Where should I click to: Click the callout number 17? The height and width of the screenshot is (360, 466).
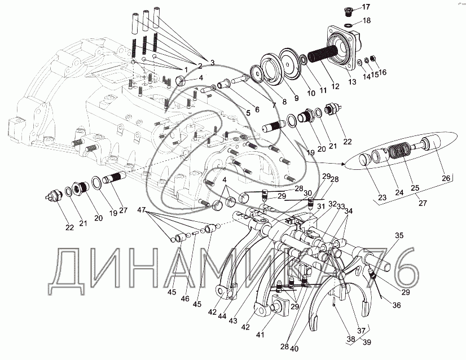point(366,7)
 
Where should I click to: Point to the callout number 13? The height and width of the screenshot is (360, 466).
point(353,82)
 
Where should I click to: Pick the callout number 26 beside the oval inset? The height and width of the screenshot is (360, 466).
point(446,178)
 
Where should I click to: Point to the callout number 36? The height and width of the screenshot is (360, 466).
point(397,305)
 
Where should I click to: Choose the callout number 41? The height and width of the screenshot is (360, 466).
point(260,335)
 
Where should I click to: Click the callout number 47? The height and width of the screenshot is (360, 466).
point(141,210)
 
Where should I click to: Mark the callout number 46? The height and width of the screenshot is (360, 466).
point(185,298)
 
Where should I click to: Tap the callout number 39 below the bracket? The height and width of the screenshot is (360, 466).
point(367,343)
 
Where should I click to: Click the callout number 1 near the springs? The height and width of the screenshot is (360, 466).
point(186,69)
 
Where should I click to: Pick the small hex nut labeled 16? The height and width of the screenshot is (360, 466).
point(373,59)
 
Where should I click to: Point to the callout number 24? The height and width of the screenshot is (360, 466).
point(399,192)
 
